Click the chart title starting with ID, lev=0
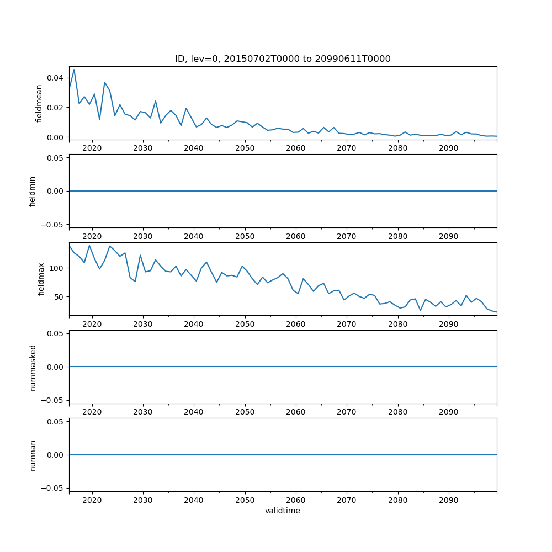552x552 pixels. [x=283, y=59]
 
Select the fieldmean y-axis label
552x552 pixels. [x=39, y=103]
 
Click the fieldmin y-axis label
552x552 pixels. [x=33, y=191]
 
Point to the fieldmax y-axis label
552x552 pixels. [x=40, y=279]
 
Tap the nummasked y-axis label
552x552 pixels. [x=33, y=367]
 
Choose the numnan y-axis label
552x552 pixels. [x=33, y=455]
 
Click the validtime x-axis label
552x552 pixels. [x=283, y=511]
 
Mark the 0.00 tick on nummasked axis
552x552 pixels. [x=55, y=367]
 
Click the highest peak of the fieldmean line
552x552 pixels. [x=74, y=70]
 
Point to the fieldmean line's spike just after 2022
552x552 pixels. [x=105, y=82]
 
